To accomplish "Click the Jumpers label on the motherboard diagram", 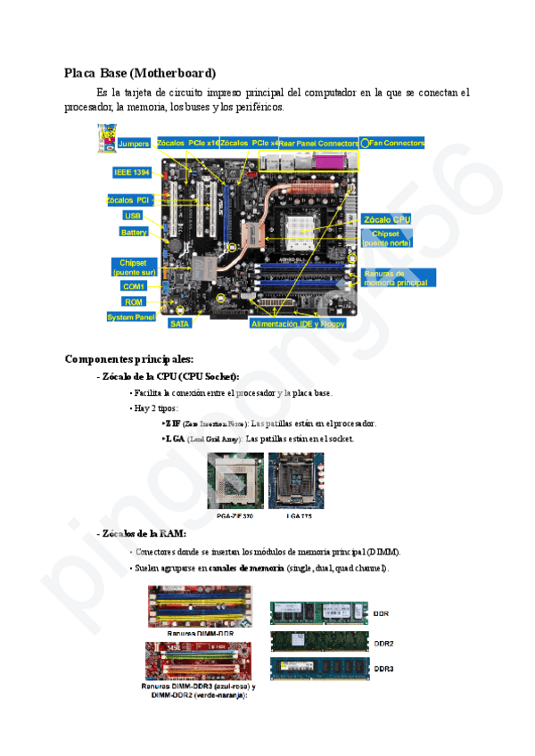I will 134,144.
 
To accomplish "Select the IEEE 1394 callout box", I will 132,172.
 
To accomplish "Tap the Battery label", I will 134,232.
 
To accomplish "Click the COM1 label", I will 134,286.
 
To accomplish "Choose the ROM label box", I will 134,302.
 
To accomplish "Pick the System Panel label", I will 131,317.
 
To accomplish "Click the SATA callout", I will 180,324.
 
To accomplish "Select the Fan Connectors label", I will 397,143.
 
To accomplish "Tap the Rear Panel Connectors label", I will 319,143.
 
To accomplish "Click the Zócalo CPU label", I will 388,219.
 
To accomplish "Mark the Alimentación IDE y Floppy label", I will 298,325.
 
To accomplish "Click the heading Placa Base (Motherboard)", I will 140,72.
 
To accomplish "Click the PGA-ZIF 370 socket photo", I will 235,481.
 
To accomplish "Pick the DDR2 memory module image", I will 318,642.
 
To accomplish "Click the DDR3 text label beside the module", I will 384,669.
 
